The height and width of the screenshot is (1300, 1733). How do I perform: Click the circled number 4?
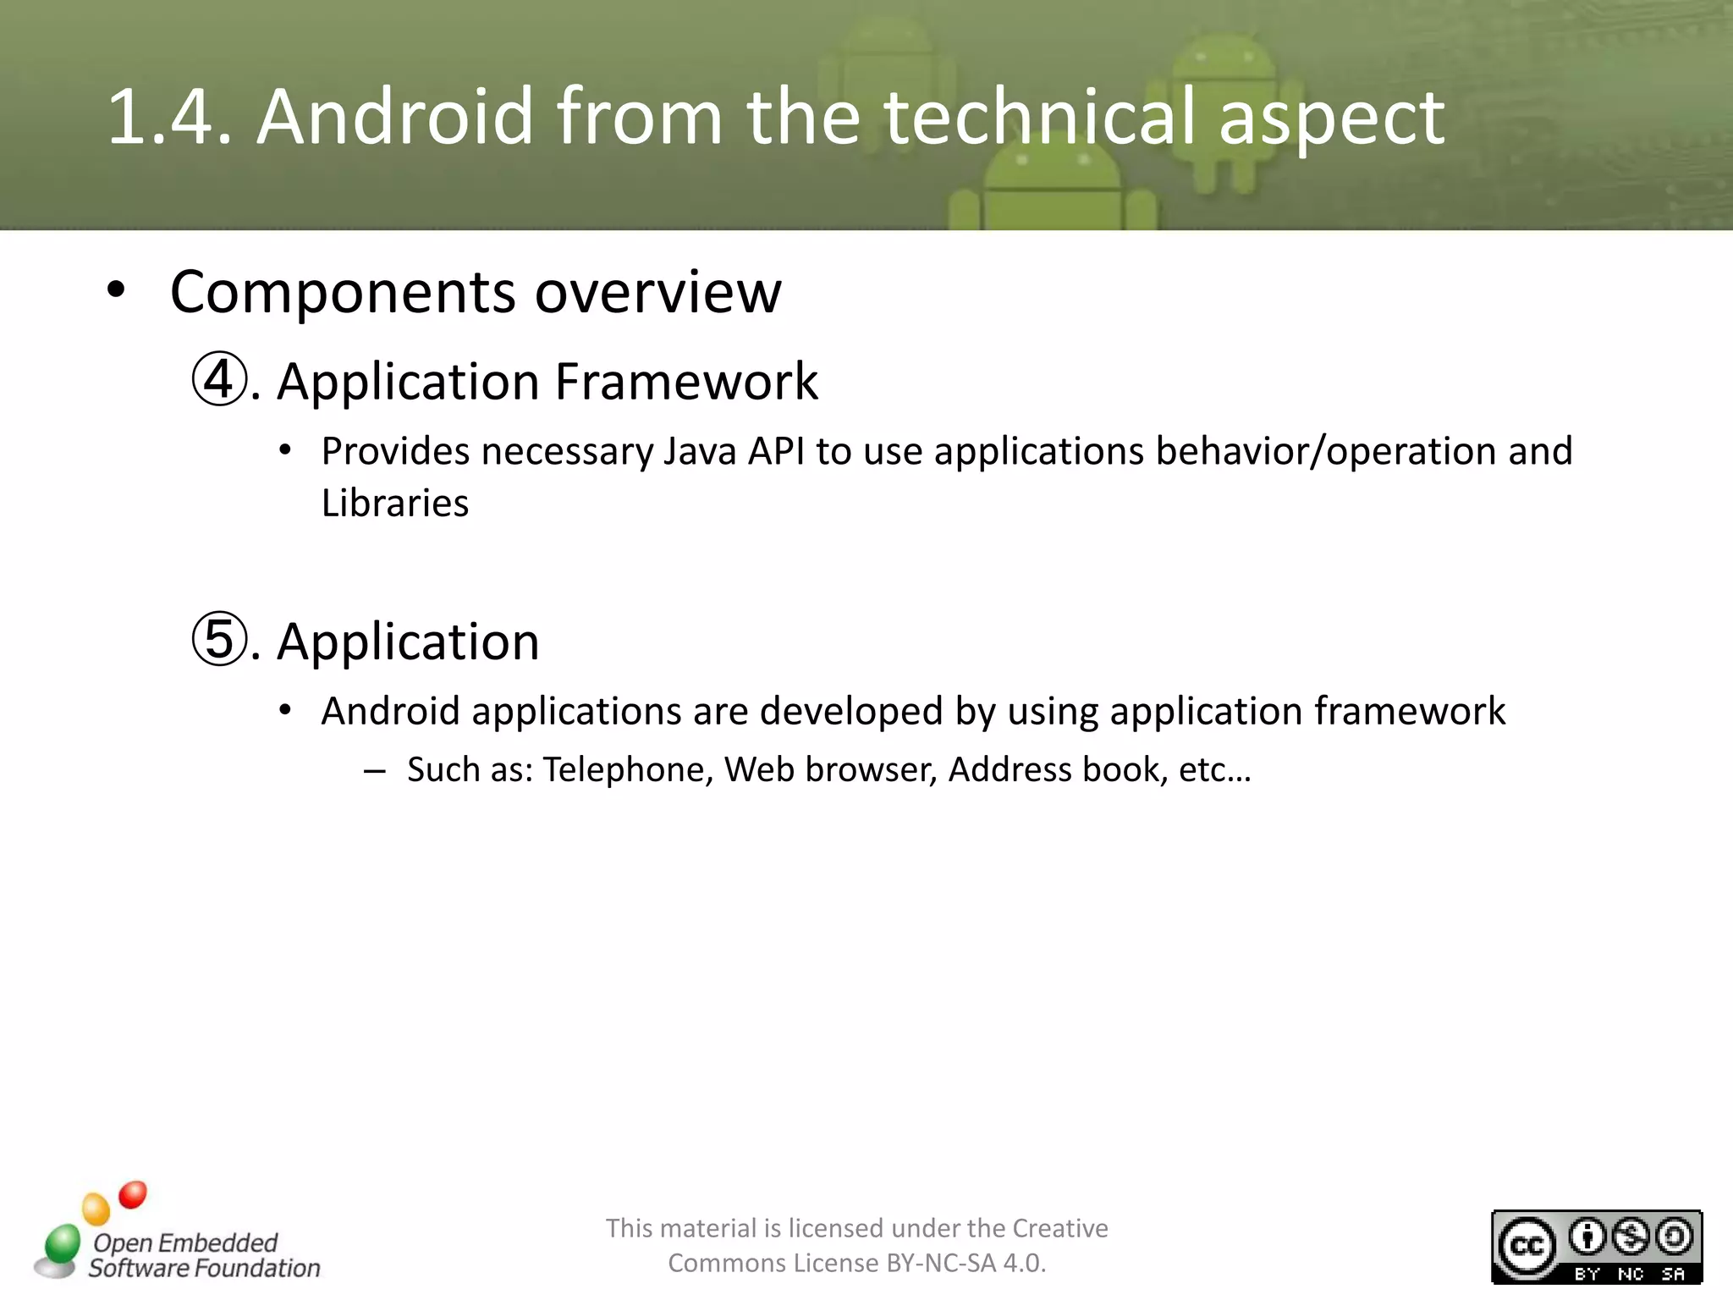219,381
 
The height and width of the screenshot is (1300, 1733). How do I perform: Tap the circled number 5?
219,641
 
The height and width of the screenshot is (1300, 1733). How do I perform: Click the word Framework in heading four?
686,382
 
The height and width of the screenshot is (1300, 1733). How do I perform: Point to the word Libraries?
394,504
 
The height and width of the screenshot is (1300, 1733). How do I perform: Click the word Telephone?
628,770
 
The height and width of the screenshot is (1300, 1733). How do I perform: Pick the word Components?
343,292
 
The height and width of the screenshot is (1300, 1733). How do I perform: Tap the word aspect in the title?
1332,118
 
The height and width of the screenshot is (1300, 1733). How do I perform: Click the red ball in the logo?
133,1195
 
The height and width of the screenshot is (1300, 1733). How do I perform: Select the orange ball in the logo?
96,1209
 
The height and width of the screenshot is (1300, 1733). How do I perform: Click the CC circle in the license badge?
1527,1247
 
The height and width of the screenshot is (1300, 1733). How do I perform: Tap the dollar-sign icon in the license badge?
1631,1237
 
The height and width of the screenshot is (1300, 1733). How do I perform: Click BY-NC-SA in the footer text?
941,1264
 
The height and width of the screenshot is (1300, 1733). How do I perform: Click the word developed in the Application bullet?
851,711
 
